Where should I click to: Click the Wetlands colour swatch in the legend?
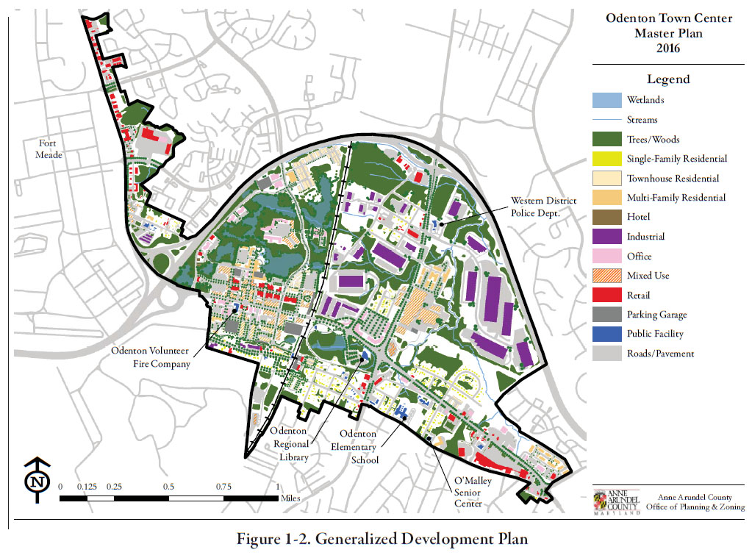tap(606, 100)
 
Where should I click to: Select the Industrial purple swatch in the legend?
tap(606, 237)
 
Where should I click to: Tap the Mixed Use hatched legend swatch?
tap(606, 276)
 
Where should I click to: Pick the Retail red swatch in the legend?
tap(606, 296)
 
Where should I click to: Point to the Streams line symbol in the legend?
tap(606, 120)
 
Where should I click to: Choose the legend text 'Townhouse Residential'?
tap(673, 179)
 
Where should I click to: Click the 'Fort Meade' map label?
tap(52, 149)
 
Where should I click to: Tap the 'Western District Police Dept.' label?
tap(544, 207)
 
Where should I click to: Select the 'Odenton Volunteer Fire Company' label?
tap(151, 357)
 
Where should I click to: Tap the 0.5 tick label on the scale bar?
tap(168, 487)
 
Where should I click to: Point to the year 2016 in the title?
tap(668, 49)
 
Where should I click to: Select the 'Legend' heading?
tap(668, 79)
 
